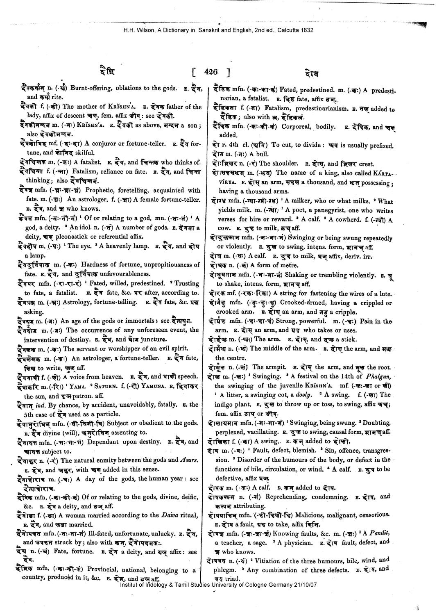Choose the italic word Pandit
379,533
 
